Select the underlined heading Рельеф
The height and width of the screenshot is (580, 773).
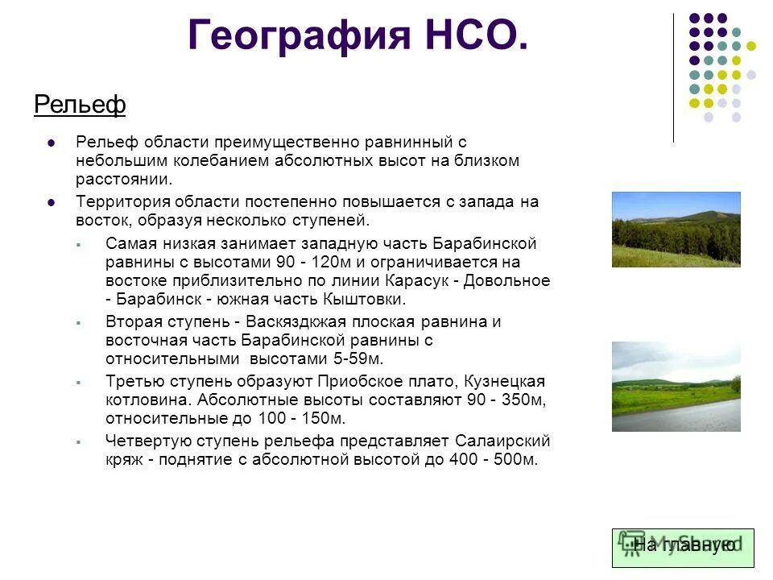click(80, 105)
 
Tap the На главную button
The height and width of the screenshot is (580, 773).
click(683, 546)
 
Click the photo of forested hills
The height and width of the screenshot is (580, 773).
click(676, 229)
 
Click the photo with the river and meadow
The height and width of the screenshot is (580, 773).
click(676, 387)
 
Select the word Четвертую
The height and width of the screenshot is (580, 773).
click(145, 441)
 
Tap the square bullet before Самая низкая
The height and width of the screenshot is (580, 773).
click(80, 243)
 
